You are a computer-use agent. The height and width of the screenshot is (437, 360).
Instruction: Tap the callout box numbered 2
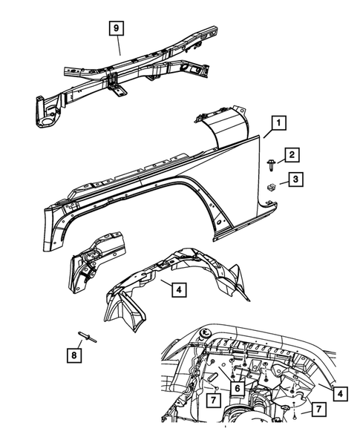pos(292,154)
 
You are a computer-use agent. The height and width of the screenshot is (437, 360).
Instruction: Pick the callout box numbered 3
pos(295,179)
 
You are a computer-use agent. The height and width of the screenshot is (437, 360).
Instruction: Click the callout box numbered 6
pos(237,387)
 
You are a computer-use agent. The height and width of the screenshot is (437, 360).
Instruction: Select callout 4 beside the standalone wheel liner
pos(180,290)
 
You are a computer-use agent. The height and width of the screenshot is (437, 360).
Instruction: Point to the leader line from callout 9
pos(120,45)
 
